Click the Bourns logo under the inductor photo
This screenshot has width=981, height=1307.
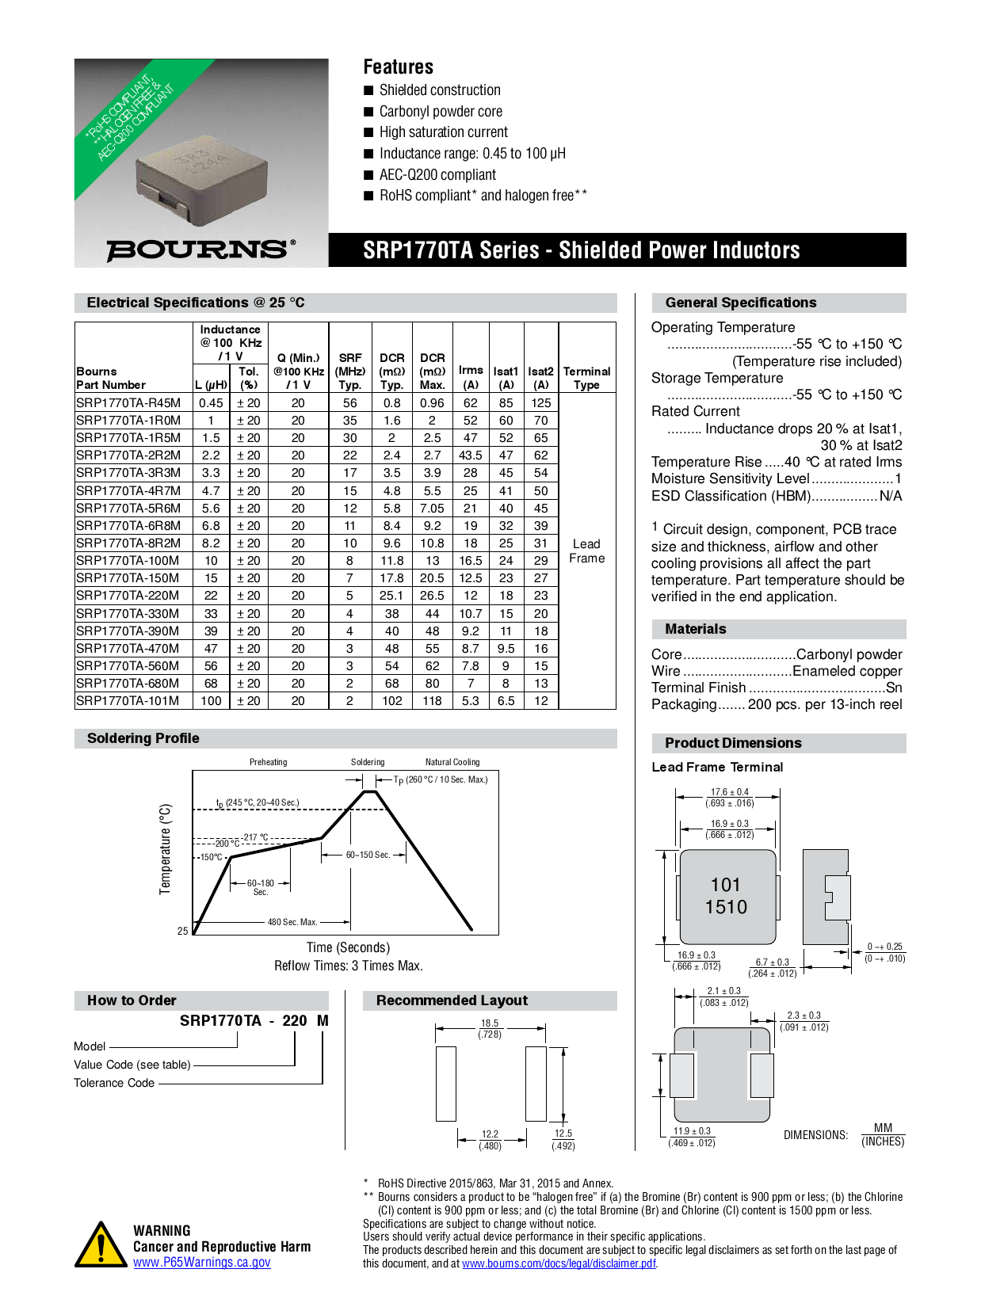pos(200,250)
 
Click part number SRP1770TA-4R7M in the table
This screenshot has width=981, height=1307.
pos(128,490)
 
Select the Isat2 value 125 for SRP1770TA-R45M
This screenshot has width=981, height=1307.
pos(541,402)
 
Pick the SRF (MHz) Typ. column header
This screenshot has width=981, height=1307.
pos(349,371)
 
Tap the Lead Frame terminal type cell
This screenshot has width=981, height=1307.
pos(586,551)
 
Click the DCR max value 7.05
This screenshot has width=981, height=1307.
pos(432,508)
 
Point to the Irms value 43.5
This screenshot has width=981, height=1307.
pos(470,455)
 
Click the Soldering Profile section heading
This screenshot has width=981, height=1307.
pos(143,738)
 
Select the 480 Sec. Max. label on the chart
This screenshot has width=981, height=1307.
pos(292,922)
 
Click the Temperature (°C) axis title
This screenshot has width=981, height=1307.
pos(166,849)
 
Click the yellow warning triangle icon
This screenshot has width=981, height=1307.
pos(101,1245)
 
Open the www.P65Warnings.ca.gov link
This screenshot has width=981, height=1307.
pos(201,1263)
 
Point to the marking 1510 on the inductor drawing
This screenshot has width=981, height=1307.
pos(726,907)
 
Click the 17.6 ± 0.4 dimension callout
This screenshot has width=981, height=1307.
pos(729,791)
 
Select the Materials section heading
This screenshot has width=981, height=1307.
pos(696,629)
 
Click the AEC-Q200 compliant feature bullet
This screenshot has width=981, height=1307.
pos(437,175)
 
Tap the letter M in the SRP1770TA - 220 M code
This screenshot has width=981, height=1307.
pos(323,1020)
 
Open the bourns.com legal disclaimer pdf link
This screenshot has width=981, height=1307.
pos(559,1263)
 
